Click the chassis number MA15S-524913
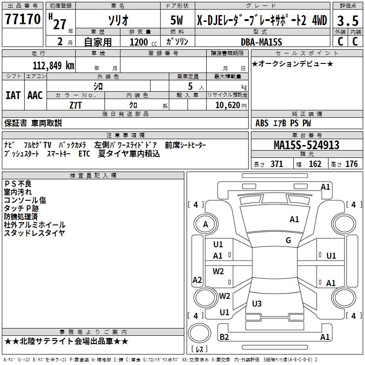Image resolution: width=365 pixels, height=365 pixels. click(x=307, y=145)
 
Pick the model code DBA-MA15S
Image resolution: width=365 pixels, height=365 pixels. click(x=261, y=42)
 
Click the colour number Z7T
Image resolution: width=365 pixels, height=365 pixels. click(x=76, y=105)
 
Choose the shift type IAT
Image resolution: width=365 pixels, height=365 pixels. click(x=13, y=95)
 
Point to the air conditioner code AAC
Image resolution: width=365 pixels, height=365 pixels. click(x=35, y=95)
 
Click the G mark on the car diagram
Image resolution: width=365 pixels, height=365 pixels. click(x=288, y=240)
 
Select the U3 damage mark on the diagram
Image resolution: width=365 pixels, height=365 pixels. click(x=257, y=303)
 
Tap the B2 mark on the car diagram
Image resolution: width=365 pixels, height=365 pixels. click(x=224, y=337)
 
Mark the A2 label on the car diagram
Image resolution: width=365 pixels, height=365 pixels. click(x=197, y=280)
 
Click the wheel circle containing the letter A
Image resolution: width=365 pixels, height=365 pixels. click(x=205, y=224)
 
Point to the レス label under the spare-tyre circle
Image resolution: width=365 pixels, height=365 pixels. click(x=200, y=349)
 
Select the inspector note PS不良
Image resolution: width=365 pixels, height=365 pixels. click(x=18, y=183)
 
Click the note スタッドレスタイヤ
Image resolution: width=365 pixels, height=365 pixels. click(x=34, y=233)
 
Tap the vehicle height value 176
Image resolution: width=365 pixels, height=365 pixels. click(x=351, y=164)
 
